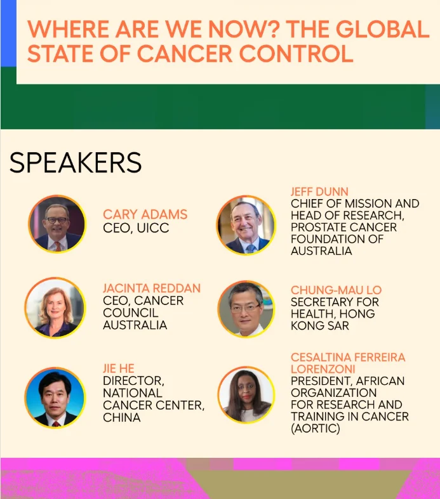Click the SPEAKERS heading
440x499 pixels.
click(x=76, y=162)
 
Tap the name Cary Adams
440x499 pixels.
click(x=145, y=214)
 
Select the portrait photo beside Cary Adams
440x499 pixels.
click(x=57, y=224)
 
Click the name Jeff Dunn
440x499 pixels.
click(x=319, y=191)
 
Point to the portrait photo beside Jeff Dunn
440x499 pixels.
click(x=246, y=225)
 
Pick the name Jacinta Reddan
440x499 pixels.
click(x=152, y=288)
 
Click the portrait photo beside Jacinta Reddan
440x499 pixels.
click(x=55, y=308)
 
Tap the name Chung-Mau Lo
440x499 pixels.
click(x=336, y=290)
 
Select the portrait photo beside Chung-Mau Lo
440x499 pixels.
click(x=246, y=309)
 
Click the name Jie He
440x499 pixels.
click(x=119, y=368)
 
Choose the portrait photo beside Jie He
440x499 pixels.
click(x=55, y=398)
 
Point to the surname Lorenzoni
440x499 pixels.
click(x=323, y=369)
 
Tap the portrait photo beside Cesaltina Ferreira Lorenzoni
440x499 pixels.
click(x=246, y=394)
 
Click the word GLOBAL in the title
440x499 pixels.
click(x=383, y=29)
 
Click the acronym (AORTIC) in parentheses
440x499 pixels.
click(x=316, y=429)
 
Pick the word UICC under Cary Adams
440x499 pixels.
click(x=153, y=228)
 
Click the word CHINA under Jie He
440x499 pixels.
click(x=122, y=418)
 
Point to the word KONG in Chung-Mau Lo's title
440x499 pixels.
click(x=304, y=325)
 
